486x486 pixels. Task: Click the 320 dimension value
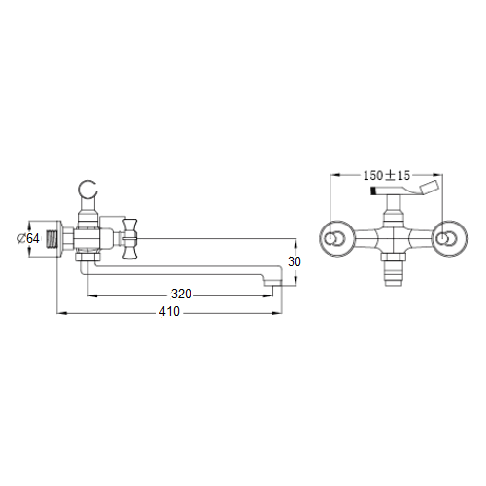pyautogui.click(x=181, y=294)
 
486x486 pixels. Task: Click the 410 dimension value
pyautogui.click(x=169, y=311)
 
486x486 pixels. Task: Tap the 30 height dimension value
pyautogui.click(x=295, y=261)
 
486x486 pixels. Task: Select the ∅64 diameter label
pyautogui.click(x=28, y=239)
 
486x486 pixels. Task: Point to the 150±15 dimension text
pyautogui.click(x=387, y=176)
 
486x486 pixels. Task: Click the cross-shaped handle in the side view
pyautogui.click(x=129, y=238)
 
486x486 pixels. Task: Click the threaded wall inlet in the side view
pyautogui.click(x=52, y=239)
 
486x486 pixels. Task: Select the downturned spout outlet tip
pyautogui.click(x=272, y=281)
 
